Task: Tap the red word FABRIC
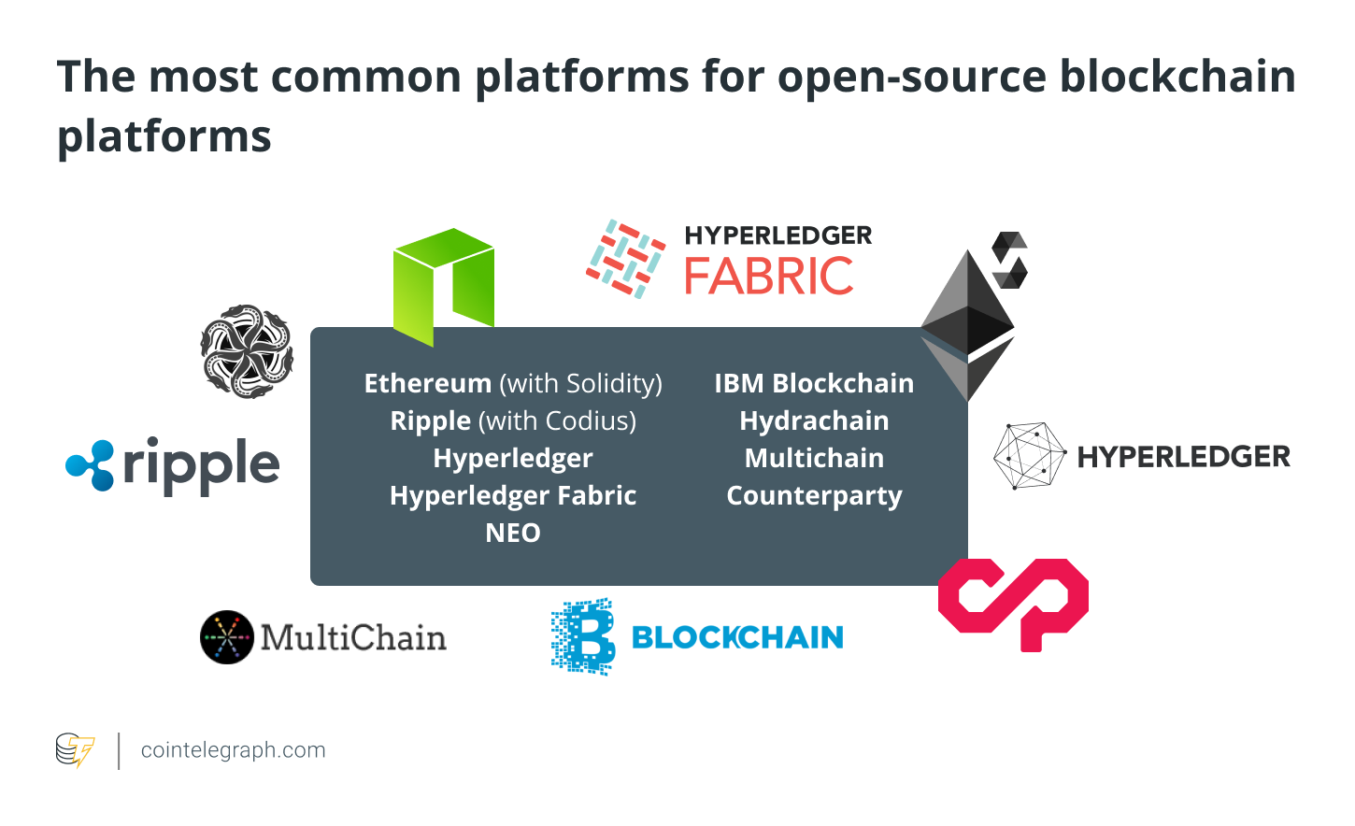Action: (768, 276)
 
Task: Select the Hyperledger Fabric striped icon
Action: (625, 259)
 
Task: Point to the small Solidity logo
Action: (1009, 260)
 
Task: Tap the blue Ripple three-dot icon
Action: (90, 464)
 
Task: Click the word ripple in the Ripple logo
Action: (201, 464)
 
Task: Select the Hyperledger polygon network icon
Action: (1029, 456)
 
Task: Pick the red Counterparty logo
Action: (1013, 603)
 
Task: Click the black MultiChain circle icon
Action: (227, 637)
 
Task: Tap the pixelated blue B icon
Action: (583, 636)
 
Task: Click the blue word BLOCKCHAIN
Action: (737, 637)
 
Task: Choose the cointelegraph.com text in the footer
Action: (233, 750)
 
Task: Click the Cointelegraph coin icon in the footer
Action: (75, 750)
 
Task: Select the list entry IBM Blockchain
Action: (814, 383)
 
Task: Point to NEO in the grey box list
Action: (513, 533)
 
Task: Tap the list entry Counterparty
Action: (814, 495)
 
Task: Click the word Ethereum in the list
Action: (428, 383)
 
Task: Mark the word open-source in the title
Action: (912, 77)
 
